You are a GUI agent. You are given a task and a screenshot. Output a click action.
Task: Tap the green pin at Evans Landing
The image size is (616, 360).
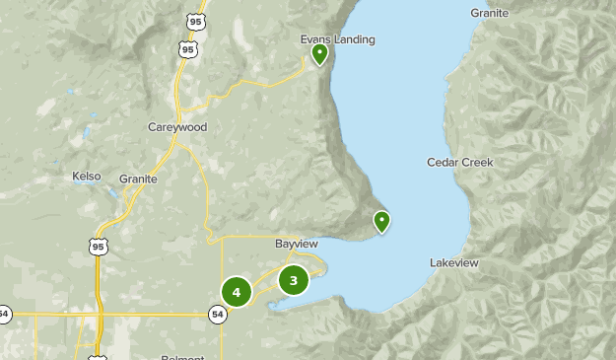(x=319, y=53)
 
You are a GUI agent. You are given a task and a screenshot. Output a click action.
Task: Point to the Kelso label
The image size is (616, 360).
(x=87, y=177)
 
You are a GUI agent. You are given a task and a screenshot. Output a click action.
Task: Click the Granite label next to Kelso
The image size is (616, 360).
(x=138, y=179)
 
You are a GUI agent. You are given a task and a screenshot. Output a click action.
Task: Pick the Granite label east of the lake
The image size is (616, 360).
(x=489, y=13)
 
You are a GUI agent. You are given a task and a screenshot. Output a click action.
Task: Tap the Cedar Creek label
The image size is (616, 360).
(x=459, y=162)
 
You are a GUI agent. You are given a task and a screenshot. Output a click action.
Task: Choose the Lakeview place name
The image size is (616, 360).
(x=453, y=263)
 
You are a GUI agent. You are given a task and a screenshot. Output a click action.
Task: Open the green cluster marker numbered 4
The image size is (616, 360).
(x=237, y=292)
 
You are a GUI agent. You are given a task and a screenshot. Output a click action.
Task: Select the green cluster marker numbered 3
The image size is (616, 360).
(x=294, y=280)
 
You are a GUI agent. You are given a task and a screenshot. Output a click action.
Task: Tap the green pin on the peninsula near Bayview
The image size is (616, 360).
(x=381, y=221)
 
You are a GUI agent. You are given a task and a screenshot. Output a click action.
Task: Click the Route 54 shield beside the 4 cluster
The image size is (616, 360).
(x=217, y=314)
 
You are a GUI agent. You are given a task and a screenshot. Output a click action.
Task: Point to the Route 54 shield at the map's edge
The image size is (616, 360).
(x=4, y=314)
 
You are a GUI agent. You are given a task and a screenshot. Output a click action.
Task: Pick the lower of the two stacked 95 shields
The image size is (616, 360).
(x=187, y=48)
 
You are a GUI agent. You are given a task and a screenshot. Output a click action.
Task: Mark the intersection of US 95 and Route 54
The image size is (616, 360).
(x=99, y=315)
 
